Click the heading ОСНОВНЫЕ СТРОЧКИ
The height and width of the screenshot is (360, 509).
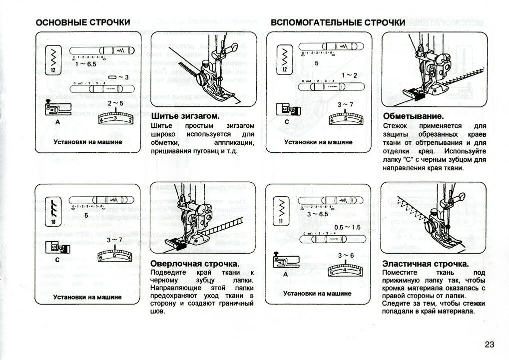[x=83, y=22]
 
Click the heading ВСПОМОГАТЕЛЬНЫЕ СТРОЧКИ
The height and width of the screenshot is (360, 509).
[x=338, y=22]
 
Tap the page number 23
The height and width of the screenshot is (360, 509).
[x=489, y=344]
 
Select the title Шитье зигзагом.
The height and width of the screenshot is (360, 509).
[x=185, y=116]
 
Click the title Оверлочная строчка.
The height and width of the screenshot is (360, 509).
[x=194, y=263]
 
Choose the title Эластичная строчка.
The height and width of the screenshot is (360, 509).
[x=425, y=263]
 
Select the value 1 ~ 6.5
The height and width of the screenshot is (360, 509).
[x=86, y=64]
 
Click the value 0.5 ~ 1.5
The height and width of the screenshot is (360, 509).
[x=347, y=227]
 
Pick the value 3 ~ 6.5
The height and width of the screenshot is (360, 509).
[x=318, y=214]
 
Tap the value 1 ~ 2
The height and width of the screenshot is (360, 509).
[x=349, y=75]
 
